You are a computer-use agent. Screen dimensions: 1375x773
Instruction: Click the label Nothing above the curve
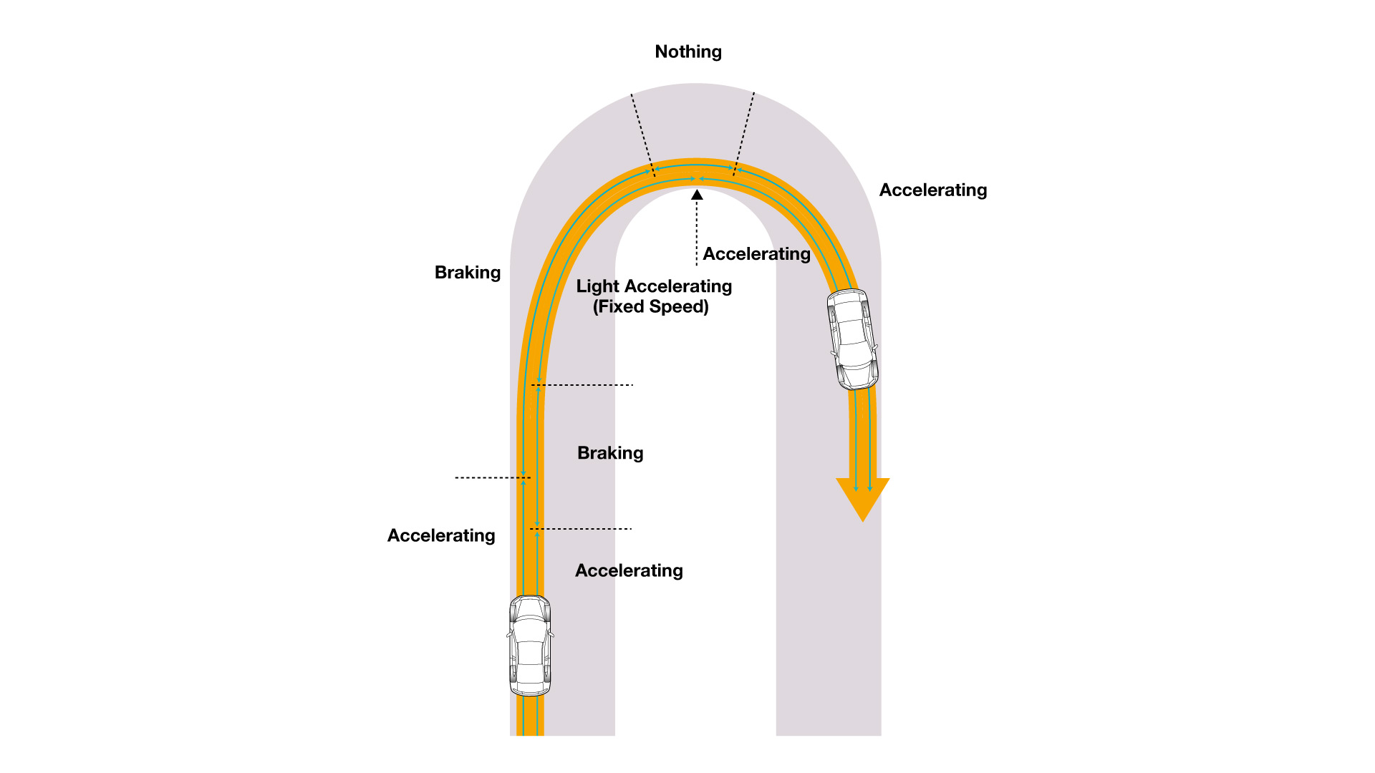(688, 52)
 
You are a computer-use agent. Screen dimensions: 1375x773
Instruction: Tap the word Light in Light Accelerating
(598, 286)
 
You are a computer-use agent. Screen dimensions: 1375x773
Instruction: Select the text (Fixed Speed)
(651, 307)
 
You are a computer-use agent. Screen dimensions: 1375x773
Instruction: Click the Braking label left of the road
(468, 273)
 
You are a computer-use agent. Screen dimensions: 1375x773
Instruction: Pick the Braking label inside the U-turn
(610, 453)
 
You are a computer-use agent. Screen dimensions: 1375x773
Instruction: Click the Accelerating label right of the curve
(933, 190)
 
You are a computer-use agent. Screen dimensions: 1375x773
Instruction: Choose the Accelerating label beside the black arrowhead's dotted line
(757, 254)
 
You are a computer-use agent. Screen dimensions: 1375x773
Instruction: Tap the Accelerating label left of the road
(441, 536)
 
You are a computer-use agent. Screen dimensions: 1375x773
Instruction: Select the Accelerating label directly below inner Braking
(629, 571)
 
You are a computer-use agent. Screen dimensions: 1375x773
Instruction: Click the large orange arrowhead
(863, 497)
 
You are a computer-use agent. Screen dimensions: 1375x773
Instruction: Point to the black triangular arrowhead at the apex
(697, 195)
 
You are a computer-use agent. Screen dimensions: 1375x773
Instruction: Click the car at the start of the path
(530, 646)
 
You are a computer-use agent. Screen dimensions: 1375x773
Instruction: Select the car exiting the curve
(852, 339)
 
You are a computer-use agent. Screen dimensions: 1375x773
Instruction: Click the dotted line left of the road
(493, 477)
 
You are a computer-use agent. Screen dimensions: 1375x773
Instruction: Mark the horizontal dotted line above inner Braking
(582, 385)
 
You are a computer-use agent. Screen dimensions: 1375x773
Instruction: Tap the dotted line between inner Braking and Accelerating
(581, 529)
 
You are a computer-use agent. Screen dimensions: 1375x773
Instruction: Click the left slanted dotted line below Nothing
(643, 135)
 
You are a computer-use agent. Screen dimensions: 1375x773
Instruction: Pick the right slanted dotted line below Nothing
(744, 134)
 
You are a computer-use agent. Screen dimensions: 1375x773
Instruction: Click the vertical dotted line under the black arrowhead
(697, 233)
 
